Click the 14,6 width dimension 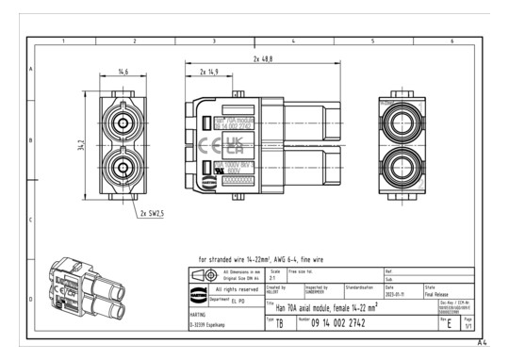[123, 72]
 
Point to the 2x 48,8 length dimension [263, 59]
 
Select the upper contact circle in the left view [123, 123]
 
